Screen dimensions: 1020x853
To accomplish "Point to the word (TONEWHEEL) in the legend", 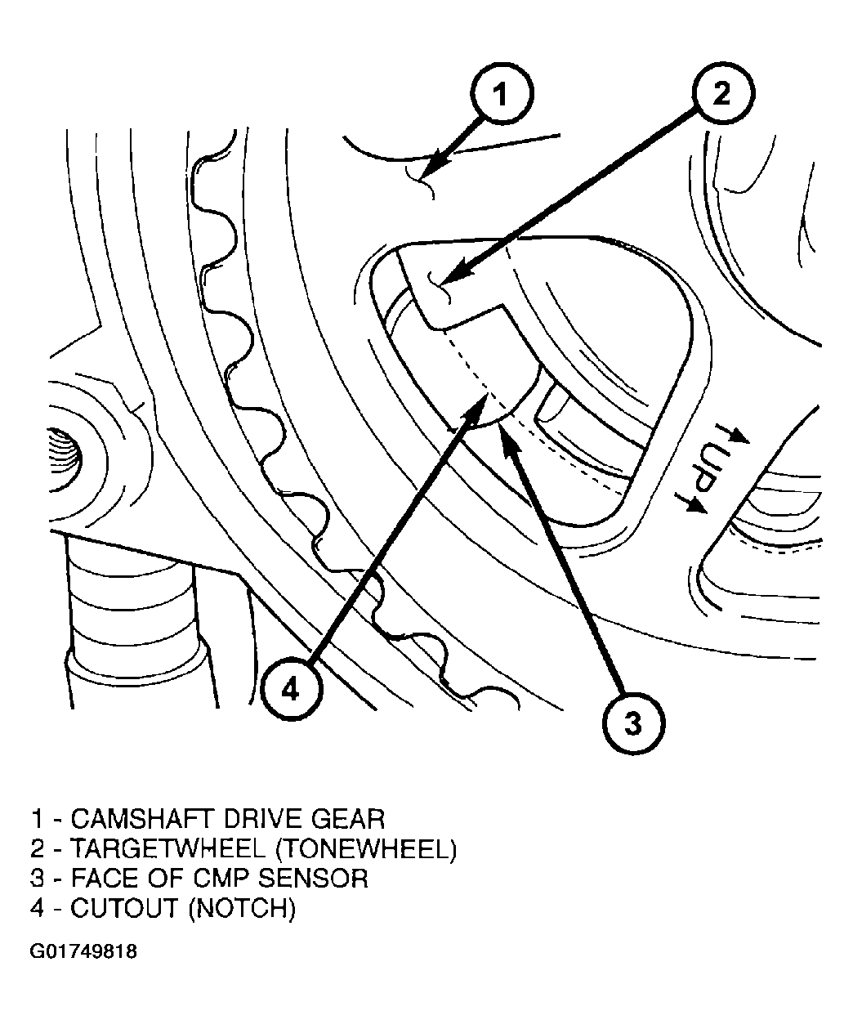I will pyautogui.click(x=365, y=848).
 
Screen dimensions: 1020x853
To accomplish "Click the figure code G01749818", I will pyautogui.click(x=83, y=952).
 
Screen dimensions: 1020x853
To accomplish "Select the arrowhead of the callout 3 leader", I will pyautogui.click(x=506, y=431).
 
